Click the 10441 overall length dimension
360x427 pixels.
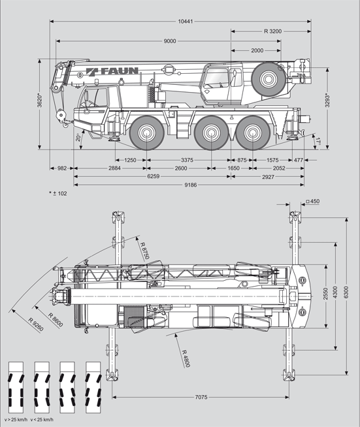(186, 22)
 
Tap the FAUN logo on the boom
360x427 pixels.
(112, 71)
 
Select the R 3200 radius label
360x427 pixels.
(273, 31)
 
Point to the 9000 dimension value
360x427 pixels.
(170, 41)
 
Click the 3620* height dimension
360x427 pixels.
(40, 101)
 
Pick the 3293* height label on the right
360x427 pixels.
(327, 101)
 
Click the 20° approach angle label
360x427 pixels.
(78, 138)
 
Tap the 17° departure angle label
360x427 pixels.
(318, 141)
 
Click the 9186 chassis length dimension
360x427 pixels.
(191, 185)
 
